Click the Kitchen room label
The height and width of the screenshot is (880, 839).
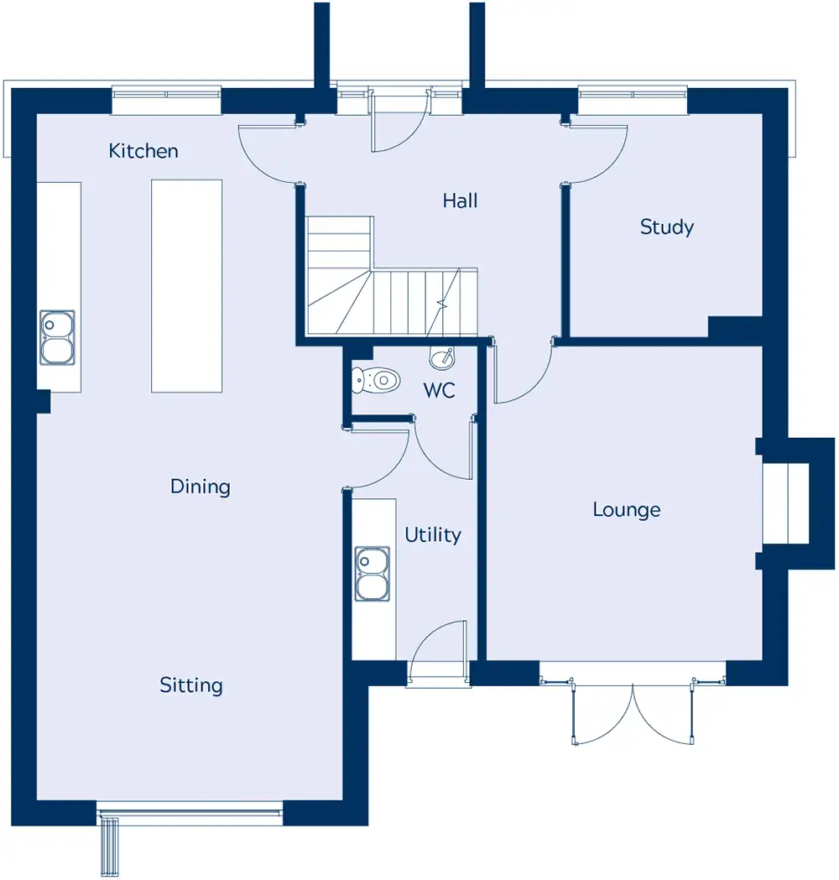(143, 150)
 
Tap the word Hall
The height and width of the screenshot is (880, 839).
(460, 200)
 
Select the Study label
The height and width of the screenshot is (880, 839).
(667, 227)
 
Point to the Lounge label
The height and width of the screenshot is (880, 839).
(626, 509)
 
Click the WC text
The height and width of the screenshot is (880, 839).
(439, 390)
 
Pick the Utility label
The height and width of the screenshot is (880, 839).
(433, 535)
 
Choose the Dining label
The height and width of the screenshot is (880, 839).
(201, 487)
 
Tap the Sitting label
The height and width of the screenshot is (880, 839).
(190, 685)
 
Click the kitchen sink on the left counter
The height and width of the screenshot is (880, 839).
(57, 338)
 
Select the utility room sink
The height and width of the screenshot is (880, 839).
(372, 574)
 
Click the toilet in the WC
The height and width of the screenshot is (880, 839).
(375, 380)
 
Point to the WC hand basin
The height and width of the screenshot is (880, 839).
(442, 358)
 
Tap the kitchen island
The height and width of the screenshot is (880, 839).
(187, 286)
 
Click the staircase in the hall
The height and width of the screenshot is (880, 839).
(392, 277)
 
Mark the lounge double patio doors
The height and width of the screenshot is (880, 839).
(633, 713)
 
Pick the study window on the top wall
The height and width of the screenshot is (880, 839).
(633, 99)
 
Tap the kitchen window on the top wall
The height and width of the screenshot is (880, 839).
(167, 99)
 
